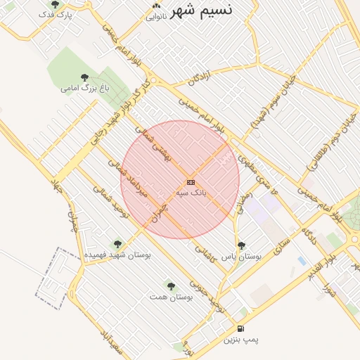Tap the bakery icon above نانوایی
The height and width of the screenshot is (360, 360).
click(x=156, y=6)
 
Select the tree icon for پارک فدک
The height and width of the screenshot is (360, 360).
click(x=56, y=4)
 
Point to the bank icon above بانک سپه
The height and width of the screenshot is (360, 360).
click(x=191, y=182)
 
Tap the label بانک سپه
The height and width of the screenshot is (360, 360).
click(x=191, y=192)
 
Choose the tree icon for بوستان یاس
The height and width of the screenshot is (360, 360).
click(x=242, y=246)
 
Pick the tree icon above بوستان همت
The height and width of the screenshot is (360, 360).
click(x=171, y=286)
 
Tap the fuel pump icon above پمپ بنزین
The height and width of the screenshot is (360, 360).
click(x=241, y=328)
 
